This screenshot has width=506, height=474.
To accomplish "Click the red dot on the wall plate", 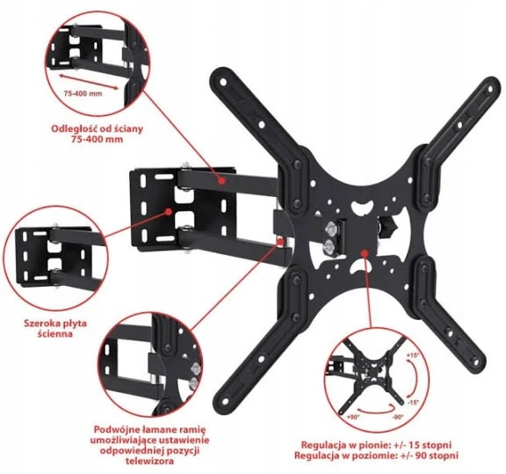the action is [168, 212].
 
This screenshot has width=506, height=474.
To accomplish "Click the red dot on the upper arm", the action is [221, 180].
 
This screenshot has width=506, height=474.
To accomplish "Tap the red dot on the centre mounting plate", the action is [365, 253].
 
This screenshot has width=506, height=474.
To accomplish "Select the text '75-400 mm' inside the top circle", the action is [83, 94].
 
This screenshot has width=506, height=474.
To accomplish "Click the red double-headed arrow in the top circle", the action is [89, 81].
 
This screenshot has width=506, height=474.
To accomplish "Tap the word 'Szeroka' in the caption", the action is [40, 324].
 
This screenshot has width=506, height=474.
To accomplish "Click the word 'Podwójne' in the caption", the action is [112, 430].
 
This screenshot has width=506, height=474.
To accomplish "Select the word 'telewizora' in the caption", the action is [149, 461].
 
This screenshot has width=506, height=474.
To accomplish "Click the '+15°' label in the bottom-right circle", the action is [412, 355].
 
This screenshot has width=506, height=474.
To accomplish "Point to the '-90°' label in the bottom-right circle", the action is [398, 417].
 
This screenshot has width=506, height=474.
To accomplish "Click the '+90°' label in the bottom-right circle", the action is [353, 417].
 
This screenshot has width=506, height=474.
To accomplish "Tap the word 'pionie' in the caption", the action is [377, 445].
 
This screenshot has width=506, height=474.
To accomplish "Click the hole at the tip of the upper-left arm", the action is [223, 82].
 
